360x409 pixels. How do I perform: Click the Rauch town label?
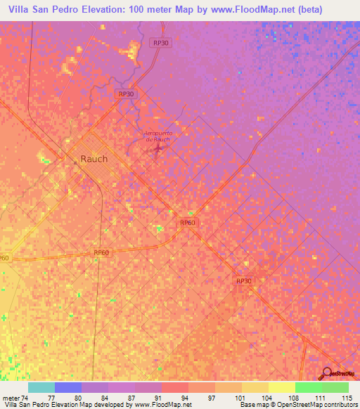click(x=94, y=159)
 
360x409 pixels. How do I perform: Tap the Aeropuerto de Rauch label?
click(x=157, y=136)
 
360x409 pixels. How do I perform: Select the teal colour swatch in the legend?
click(x=41, y=387)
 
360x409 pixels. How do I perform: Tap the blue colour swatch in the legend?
click(x=68, y=387)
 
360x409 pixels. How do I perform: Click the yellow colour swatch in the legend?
click(x=282, y=387)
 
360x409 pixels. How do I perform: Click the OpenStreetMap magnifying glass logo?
click(x=328, y=372)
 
